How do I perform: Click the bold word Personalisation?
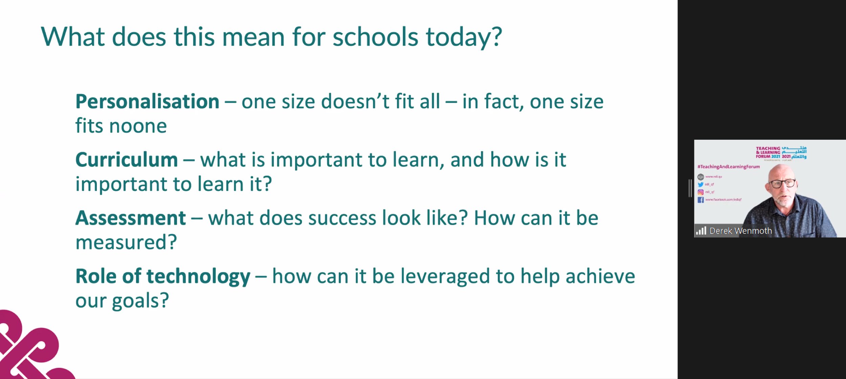147,102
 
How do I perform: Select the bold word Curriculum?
127,160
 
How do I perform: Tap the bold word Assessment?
131,218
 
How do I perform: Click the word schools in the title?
375,37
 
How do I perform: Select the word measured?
126,243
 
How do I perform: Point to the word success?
342,218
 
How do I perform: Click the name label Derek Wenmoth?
740,231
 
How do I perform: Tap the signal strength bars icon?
701,231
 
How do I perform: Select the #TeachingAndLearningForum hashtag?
728,166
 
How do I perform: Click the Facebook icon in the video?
700,200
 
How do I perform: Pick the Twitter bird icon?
700,184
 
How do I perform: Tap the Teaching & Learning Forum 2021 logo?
781,153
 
